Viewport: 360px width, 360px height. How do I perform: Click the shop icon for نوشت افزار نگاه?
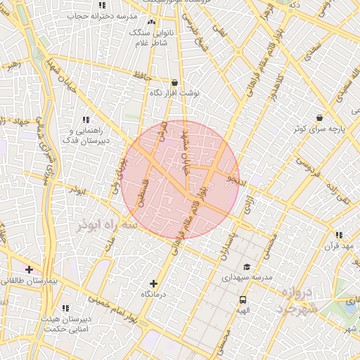(174, 82)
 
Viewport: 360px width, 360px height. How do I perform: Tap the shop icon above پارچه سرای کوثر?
(320, 118)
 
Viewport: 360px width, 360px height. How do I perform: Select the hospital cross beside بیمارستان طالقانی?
(29, 269)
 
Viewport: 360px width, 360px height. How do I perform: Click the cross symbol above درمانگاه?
(153, 283)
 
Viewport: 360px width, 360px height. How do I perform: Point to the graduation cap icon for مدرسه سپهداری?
(246, 266)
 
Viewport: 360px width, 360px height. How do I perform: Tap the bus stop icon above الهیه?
(243, 300)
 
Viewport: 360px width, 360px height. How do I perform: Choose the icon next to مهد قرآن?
(339, 235)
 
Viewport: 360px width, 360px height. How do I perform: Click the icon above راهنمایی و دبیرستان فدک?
(86, 120)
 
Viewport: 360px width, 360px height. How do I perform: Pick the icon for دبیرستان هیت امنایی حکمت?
(65, 308)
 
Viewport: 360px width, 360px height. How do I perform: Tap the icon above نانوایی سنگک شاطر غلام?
(151, 22)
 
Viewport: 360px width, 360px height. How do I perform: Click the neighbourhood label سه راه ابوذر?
(105, 224)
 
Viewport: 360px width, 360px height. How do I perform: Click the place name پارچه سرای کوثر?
(321, 130)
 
